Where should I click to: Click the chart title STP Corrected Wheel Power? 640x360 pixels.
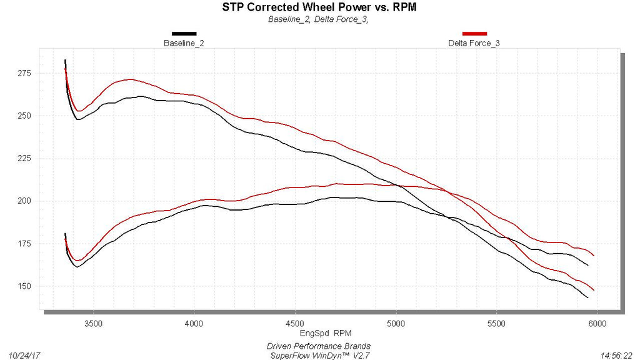(x=319, y=7)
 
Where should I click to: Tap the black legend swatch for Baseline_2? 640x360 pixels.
(x=184, y=33)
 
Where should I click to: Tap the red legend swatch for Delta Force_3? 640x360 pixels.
(x=474, y=33)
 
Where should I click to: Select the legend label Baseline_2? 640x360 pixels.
(x=184, y=43)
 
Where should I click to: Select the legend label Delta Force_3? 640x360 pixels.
(x=474, y=43)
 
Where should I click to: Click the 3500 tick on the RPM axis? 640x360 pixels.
(x=94, y=323)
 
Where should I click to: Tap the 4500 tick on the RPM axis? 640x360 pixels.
(x=295, y=323)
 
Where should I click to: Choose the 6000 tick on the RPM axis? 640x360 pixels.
(x=597, y=323)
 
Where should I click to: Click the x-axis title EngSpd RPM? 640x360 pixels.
(x=318, y=334)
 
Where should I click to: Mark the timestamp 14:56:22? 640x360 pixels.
(x=616, y=355)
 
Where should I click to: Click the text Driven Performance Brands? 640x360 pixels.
(x=318, y=346)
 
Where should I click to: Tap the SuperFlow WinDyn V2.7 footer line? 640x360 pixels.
(x=318, y=355)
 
